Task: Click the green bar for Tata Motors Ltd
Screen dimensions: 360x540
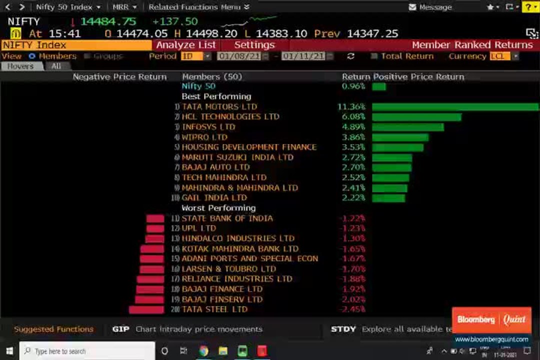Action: click(x=455, y=107)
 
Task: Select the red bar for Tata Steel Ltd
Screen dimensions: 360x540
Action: click(x=146, y=309)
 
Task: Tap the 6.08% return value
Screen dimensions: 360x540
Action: click(x=353, y=117)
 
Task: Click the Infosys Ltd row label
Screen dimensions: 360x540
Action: click(x=208, y=127)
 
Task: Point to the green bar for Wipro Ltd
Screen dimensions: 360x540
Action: click(x=400, y=137)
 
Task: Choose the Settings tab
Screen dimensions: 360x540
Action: click(x=254, y=45)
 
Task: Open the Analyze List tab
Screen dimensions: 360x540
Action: click(x=186, y=45)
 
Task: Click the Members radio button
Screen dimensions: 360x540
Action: click(x=32, y=56)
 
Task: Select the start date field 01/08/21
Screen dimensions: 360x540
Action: click(x=238, y=56)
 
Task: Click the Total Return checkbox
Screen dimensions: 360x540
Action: click(x=374, y=56)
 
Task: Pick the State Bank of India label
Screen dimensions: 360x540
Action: click(x=227, y=218)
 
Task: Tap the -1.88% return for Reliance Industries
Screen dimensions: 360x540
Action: click(x=352, y=279)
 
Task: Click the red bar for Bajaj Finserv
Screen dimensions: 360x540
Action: click(x=149, y=299)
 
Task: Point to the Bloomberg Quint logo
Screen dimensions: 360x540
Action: click(x=491, y=320)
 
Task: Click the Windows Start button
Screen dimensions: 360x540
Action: click(x=9, y=351)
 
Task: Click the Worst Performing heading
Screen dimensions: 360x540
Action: click(x=218, y=208)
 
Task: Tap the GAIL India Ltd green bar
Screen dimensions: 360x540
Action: click(x=388, y=198)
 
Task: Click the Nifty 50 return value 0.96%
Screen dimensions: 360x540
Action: click(x=353, y=86)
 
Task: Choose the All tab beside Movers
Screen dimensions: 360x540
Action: click(x=56, y=66)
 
